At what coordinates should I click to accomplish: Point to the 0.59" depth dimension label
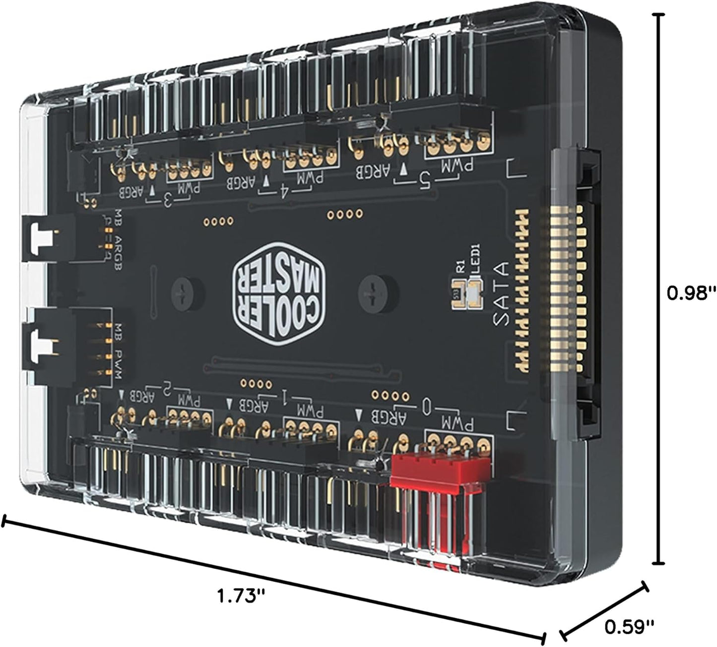pyautogui.click(x=629, y=627)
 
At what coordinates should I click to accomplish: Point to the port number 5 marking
pyautogui.click(x=425, y=182)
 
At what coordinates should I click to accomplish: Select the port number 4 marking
pyautogui.click(x=285, y=190)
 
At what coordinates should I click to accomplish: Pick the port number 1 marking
pyautogui.click(x=285, y=397)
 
